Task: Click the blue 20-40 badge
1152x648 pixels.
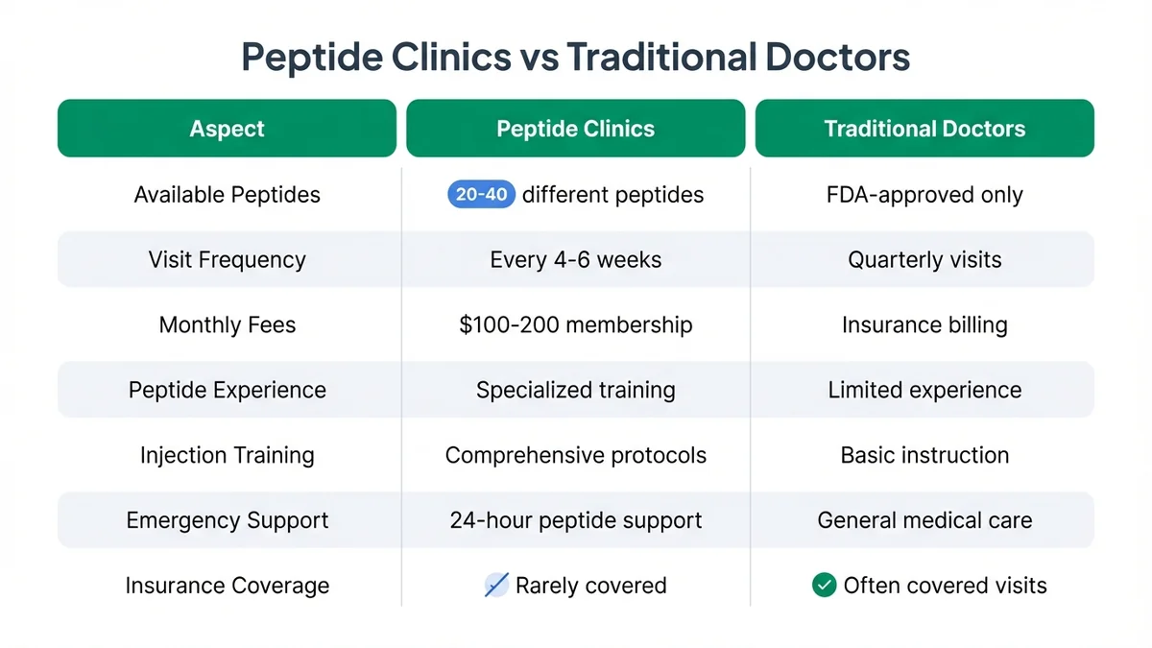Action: click(x=482, y=195)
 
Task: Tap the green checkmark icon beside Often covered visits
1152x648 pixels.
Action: click(x=824, y=585)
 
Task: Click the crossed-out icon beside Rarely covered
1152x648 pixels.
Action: click(x=496, y=585)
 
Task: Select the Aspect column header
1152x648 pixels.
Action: click(x=227, y=129)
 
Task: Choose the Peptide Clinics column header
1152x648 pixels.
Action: click(x=575, y=129)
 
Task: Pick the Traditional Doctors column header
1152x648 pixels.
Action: click(x=924, y=129)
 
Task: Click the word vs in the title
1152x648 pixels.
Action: click(x=539, y=58)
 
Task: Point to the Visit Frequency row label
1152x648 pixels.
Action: click(x=227, y=259)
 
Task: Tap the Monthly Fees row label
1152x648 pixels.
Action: click(x=227, y=324)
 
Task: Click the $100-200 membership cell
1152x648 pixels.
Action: click(x=575, y=324)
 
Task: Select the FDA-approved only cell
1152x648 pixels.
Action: click(x=924, y=195)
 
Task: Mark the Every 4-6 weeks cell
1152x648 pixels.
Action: click(x=575, y=259)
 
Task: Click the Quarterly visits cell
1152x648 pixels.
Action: click(x=924, y=259)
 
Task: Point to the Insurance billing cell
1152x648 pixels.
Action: click(x=924, y=324)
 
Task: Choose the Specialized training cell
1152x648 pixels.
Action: click(x=575, y=390)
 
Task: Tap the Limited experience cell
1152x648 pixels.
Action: click(x=924, y=390)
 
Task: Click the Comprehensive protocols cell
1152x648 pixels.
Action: click(x=575, y=455)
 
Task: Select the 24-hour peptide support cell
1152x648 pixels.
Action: click(x=575, y=520)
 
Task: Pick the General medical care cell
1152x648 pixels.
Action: click(x=924, y=520)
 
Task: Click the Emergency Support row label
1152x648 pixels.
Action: click(x=227, y=520)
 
